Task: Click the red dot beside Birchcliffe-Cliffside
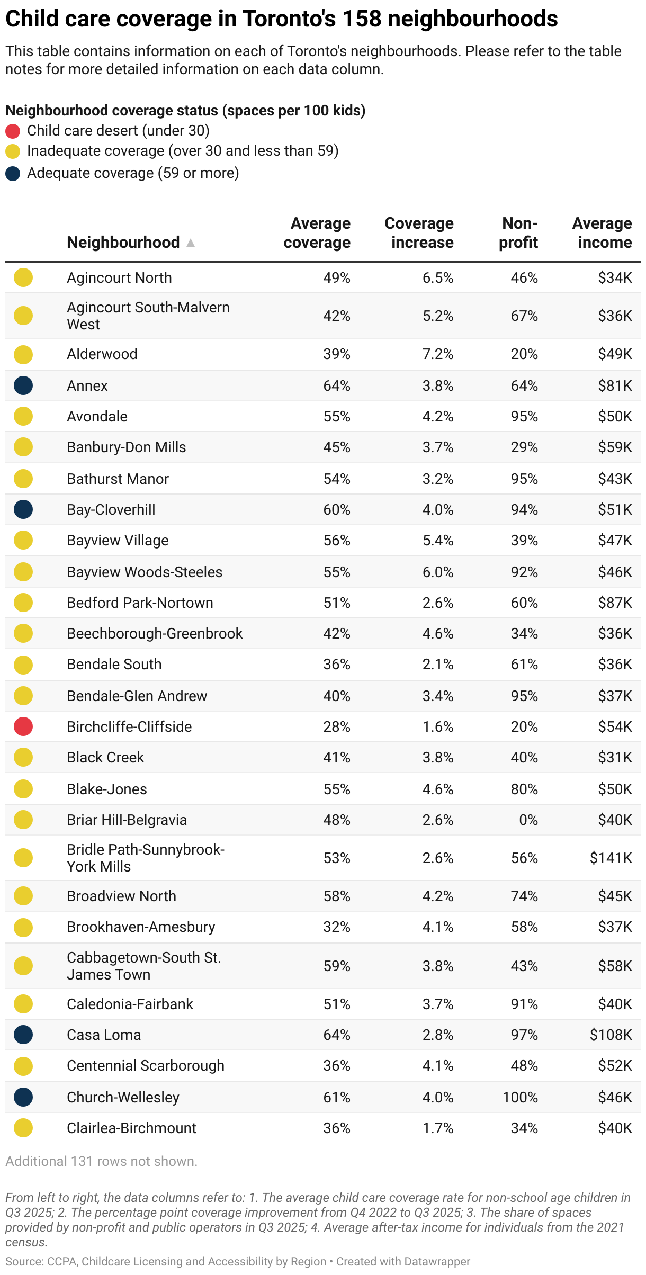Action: (23, 726)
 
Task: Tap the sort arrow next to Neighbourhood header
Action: (191, 243)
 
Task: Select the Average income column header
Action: (602, 233)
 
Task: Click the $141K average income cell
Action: (611, 858)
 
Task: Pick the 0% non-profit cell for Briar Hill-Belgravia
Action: (528, 820)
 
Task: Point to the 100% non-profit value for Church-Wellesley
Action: (520, 1097)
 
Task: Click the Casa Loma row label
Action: (104, 1035)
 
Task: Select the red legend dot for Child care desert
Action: (13, 131)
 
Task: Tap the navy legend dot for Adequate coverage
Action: (13, 174)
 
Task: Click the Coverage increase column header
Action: (419, 233)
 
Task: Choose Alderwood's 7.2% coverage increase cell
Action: (437, 354)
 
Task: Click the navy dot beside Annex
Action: (23, 385)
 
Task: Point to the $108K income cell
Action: (611, 1035)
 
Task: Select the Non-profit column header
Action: (518, 233)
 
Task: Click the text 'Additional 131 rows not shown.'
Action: (101, 1161)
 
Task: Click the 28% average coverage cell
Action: (336, 726)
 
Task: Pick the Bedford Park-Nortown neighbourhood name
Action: (140, 603)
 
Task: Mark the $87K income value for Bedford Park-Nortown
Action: (615, 603)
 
